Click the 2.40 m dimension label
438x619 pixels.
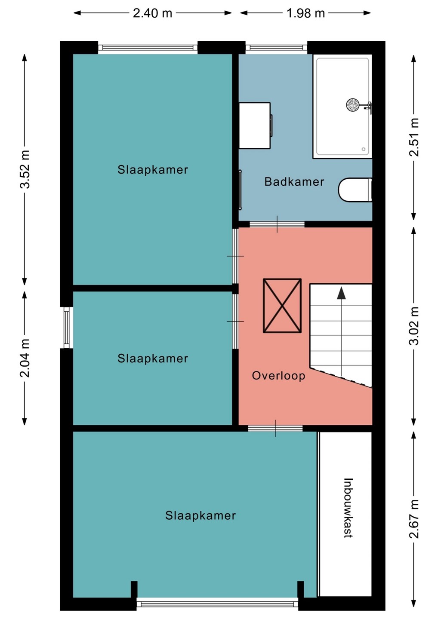152,13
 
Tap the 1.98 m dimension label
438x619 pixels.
305,13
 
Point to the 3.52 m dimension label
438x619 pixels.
25,169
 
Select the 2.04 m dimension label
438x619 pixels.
25,358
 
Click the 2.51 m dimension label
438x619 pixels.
414,138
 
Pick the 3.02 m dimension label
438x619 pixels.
414,326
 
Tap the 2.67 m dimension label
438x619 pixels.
414,519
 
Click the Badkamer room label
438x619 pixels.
294,181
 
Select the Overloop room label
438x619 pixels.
278,376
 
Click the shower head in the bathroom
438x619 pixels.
353,105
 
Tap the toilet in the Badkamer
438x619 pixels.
355,190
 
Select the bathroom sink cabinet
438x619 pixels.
255,126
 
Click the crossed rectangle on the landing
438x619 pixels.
282,306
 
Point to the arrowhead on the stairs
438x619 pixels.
342,293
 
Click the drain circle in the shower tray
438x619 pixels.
364,149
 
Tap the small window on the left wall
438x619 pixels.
67,328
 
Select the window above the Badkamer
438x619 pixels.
276,48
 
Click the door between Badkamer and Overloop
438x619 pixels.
277,224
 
